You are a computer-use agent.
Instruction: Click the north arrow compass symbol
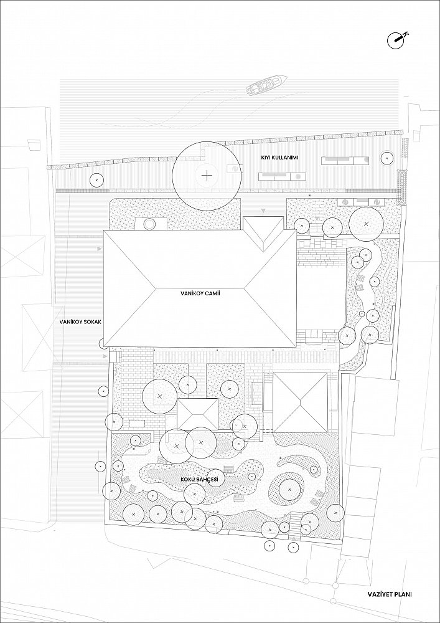tap(397, 40)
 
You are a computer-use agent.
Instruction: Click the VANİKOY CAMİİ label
tap(200, 294)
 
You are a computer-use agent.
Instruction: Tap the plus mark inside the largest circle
tap(207, 176)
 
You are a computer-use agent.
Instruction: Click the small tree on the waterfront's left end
tap(96, 181)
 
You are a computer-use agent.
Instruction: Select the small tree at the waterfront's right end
tap(386, 158)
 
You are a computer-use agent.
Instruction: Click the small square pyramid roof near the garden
tap(197, 414)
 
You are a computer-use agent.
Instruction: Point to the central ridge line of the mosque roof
tap(200, 288)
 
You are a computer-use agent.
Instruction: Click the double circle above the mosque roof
tap(149, 224)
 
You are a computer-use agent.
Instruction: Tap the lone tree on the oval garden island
tap(289, 489)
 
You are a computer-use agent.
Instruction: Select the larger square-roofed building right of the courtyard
tap(301, 402)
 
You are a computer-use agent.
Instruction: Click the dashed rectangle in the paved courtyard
tap(138, 423)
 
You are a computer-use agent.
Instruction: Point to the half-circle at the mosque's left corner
tap(101, 343)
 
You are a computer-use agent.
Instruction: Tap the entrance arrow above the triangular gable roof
tap(262, 210)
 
